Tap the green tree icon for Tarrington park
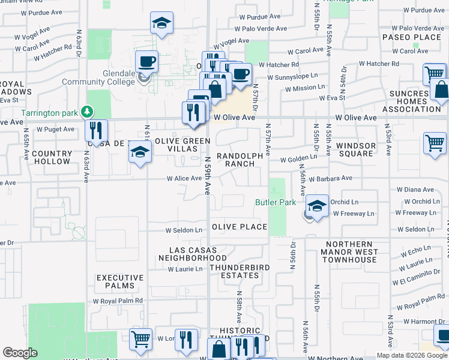[x=88, y=112]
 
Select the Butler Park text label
[x=276, y=203]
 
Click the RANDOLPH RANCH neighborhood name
[x=240, y=160]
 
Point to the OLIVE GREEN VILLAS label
[x=182, y=145]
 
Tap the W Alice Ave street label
[x=184, y=178]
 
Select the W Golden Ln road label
[x=298, y=158]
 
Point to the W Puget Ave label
[x=55, y=129]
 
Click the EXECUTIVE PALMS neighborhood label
[x=120, y=282]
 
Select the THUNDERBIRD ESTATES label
[x=234, y=271]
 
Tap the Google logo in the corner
[x=20, y=353]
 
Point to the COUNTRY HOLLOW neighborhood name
[x=52, y=158]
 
